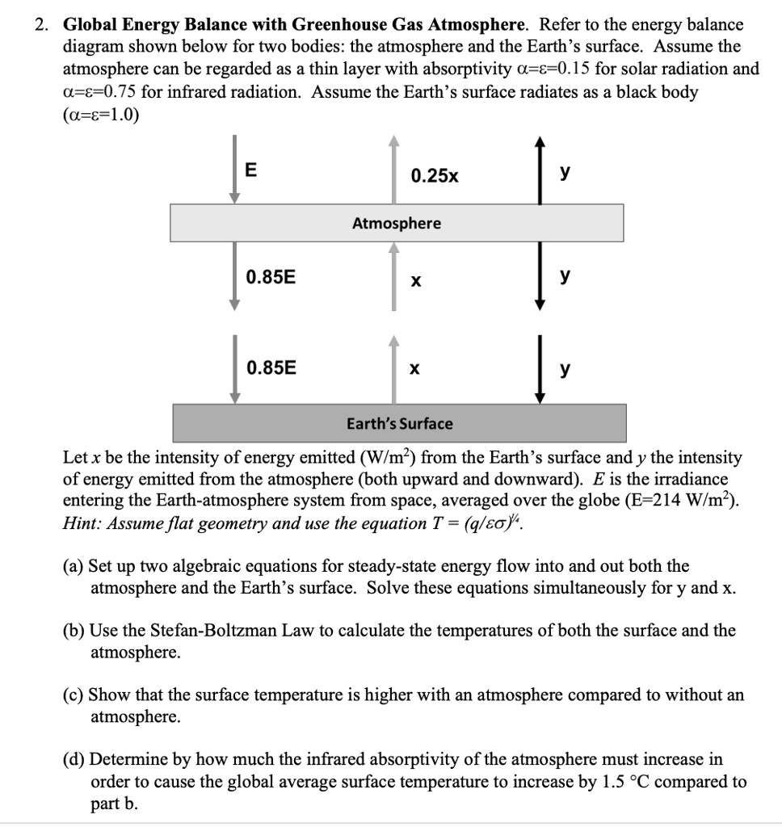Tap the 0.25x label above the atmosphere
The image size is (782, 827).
(434, 175)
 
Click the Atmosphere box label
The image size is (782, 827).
(397, 223)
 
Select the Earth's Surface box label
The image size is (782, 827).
(400, 423)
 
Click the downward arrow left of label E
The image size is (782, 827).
(233, 170)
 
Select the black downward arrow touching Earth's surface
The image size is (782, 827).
(542, 373)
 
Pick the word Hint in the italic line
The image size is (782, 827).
(79, 522)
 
